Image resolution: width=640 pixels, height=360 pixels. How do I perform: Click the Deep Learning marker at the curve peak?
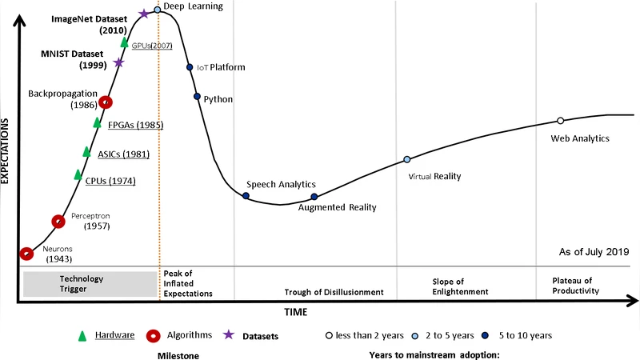[x=157, y=10]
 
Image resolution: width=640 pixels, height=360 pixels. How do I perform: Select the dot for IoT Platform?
[x=190, y=68]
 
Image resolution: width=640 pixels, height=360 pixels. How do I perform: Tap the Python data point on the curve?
[x=197, y=97]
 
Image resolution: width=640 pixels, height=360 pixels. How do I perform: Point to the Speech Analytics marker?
[x=246, y=195]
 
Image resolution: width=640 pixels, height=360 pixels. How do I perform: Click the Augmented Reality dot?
[x=314, y=196]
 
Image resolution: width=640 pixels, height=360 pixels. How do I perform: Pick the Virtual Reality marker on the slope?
[x=406, y=159]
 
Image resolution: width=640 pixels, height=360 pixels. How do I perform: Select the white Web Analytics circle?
[x=560, y=121]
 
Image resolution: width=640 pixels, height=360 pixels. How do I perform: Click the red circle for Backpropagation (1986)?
[x=105, y=102]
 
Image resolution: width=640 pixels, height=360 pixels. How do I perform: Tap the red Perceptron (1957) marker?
[x=58, y=221]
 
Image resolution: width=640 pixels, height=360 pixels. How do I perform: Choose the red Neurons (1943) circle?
[x=26, y=254]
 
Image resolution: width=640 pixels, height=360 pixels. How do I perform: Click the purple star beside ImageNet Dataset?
[x=143, y=14]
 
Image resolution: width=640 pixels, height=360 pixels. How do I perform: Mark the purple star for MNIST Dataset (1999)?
[x=119, y=62]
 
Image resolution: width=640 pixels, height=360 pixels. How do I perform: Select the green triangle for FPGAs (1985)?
[x=98, y=122]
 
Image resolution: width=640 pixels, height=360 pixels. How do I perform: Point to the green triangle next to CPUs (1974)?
[x=78, y=174]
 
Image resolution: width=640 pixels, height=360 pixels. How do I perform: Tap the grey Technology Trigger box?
[x=90, y=284]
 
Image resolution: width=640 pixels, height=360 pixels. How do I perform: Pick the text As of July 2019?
[x=594, y=252]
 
